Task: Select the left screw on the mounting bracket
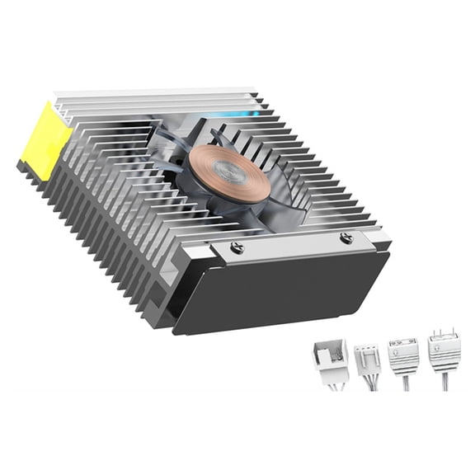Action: point(237,247)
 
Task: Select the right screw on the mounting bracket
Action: point(346,237)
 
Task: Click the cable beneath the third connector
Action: point(402,381)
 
